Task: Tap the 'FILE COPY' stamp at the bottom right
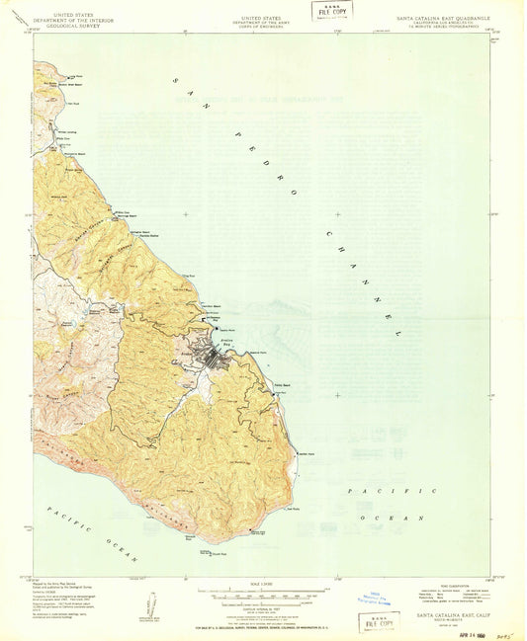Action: pyautogui.click(x=383, y=623)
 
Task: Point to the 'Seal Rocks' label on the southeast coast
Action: pyautogui.click(x=293, y=511)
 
